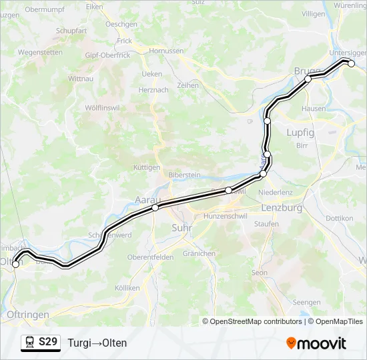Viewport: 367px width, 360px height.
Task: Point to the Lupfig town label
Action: pyautogui.click(x=300, y=132)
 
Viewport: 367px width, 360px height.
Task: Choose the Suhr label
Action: pyautogui.click(x=181, y=227)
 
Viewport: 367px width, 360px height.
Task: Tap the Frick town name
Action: pyautogui.click(x=125, y=41)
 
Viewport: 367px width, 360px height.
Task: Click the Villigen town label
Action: pyautogui.click(x=313, y=13)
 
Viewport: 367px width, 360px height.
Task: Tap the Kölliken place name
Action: pyautogui.click(x=127, y=288)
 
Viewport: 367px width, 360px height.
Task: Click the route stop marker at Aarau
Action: pyautogui.click(x=155, y=208)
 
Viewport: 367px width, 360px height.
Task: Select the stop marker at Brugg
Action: pyautogui.click(x=308, y=79)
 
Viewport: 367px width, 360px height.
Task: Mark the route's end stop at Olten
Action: pyautogui.click(x=16, y=265)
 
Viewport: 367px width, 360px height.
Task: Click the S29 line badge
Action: pyautogui.click(x=47, y=343)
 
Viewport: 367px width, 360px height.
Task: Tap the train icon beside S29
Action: pyautogui.click(x=30, y=343)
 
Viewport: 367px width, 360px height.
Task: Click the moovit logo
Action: pyautogui.click(x=316, y=343)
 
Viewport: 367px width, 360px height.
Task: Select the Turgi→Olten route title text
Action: pyautogui.click(x=97, y=343)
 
